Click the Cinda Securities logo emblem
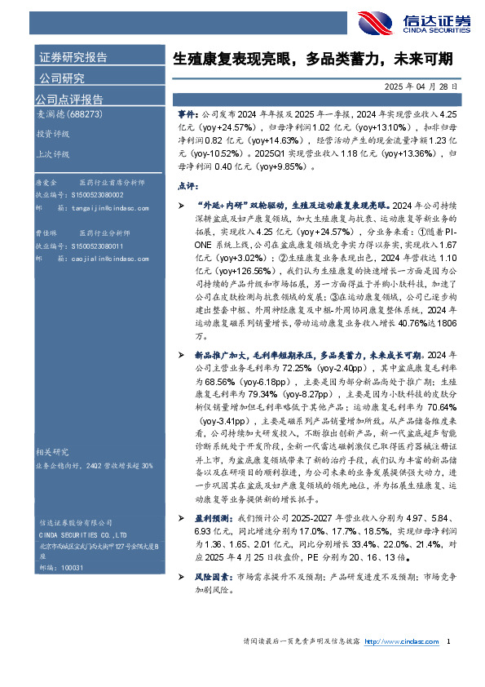[x=374, y=22]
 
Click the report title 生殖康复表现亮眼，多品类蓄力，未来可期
[x=324, y=60]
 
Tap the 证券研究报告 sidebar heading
[x=73, y=58]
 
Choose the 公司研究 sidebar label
[x=62, y=78]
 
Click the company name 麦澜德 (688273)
[x=69, y=115]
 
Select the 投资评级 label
[x=52, y=134]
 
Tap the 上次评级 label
[x=52, y=153]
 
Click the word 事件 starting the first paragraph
[x=187, y=116]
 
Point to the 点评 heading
[x=187, y=185]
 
